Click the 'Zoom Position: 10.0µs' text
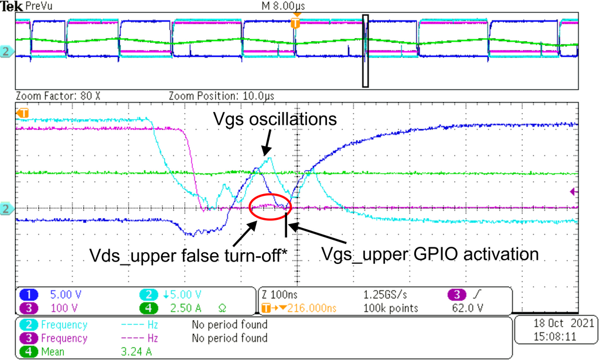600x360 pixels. click(221, 95)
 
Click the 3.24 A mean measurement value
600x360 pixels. click(137, 352)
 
